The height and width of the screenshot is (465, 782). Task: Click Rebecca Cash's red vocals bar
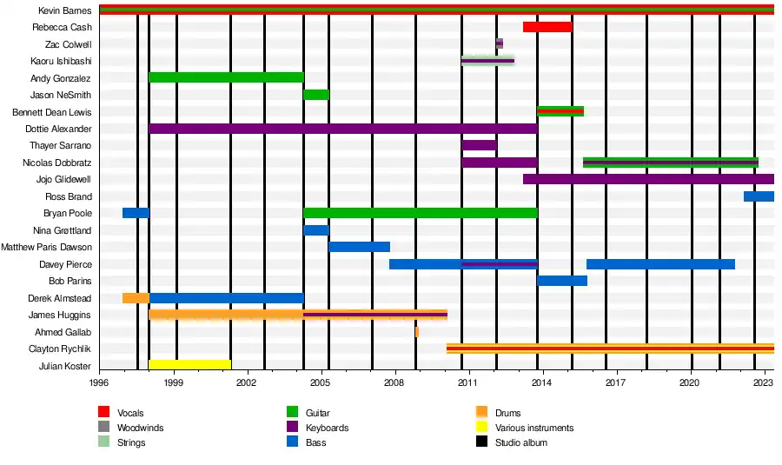click(547, 27)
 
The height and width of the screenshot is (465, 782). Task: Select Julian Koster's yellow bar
click(189, 365)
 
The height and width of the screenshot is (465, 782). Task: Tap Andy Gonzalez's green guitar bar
click(226, 77)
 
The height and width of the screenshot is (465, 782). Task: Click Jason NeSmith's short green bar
click(316, 95)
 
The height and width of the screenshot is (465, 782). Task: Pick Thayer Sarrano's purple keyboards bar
click(479, 145)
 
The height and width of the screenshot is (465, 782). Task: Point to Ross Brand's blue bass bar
click(759, 196)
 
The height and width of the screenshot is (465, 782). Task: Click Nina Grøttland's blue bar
click(316, 230)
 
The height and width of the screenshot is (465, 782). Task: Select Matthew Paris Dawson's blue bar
click(359, 247)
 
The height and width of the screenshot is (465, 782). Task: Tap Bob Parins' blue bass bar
click(562, 281)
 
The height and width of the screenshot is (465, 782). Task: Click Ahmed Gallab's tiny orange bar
click(417, 332)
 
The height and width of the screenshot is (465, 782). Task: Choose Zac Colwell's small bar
click(500, 43)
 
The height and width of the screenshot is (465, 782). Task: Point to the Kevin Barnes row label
click(65, 10)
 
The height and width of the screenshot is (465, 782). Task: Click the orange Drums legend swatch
click(482, 413)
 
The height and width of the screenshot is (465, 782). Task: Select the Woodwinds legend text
click(141, 428)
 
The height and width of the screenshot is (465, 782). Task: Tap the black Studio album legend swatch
click(482, 442)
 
